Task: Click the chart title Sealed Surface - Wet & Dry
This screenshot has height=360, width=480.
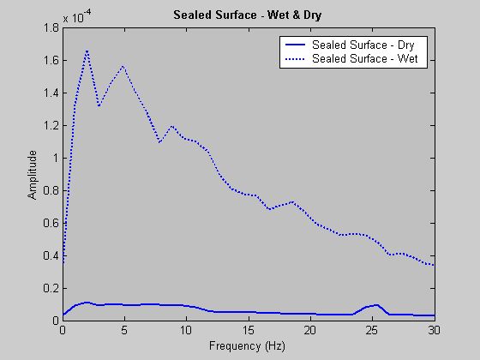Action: [x=249, y=15]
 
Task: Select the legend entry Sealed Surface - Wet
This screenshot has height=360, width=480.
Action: [x=364, y=58]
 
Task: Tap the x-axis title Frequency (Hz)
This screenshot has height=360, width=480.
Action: [x=249, y=346]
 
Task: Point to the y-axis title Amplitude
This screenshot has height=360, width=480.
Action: [x=32, y=174]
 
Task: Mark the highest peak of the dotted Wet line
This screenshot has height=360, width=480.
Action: [x=87, y=51]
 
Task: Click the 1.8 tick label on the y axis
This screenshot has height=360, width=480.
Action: [x=51, y=28]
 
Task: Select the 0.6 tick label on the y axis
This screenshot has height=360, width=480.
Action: [x=51, y=224]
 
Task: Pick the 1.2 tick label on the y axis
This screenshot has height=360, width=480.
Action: [x=51, y=126]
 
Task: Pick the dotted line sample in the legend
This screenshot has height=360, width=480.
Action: [x=294, y=58]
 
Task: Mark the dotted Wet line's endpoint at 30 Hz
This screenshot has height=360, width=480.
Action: [x=435, y=265]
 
